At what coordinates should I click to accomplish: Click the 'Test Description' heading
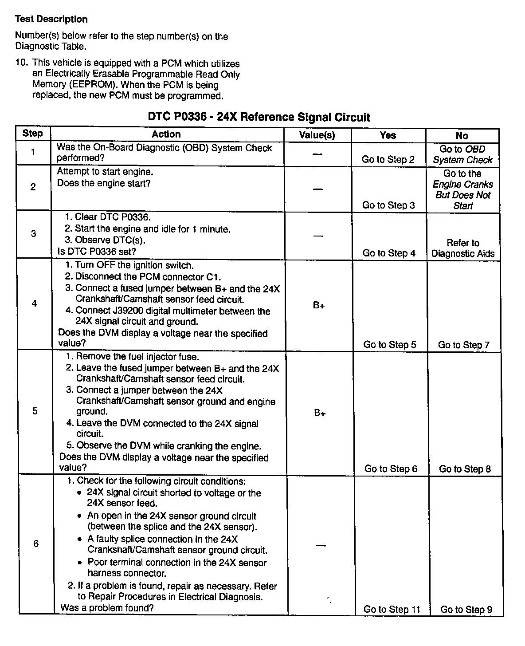51,19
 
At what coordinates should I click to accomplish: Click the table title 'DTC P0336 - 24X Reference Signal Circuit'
259,117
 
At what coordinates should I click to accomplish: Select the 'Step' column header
32,134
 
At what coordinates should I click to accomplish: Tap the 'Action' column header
166,134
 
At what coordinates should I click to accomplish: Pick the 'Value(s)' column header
317,135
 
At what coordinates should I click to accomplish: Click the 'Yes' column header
388,135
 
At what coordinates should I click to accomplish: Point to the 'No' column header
462,135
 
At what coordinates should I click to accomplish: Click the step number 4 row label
34,304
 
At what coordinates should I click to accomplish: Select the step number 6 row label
36,544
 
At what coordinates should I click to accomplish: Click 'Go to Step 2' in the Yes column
388,160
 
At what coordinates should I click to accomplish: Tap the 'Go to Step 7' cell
463,345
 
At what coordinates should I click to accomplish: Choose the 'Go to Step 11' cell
392,609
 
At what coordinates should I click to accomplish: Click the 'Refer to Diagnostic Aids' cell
463,248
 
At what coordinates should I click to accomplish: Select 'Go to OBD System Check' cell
462,154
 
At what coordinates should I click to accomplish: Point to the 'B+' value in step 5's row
320,413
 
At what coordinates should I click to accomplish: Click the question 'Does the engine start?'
104,183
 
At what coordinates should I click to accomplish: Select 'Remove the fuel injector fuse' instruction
137,357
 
